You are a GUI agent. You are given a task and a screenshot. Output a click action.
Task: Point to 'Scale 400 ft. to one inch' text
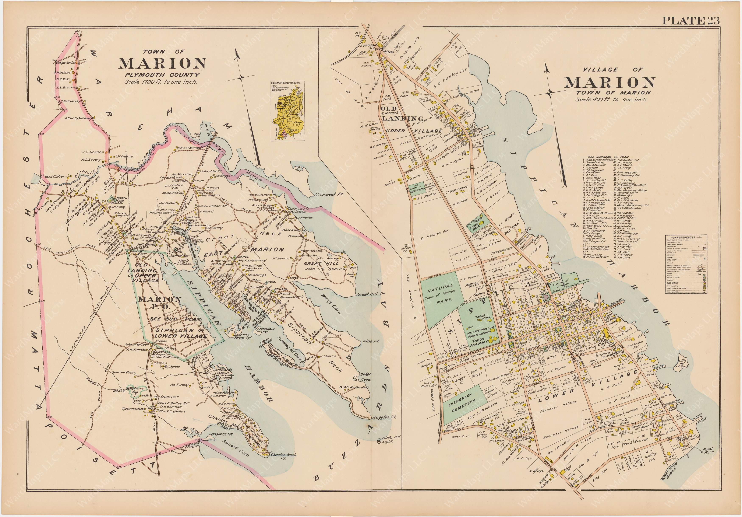click(x=611, y=99)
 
